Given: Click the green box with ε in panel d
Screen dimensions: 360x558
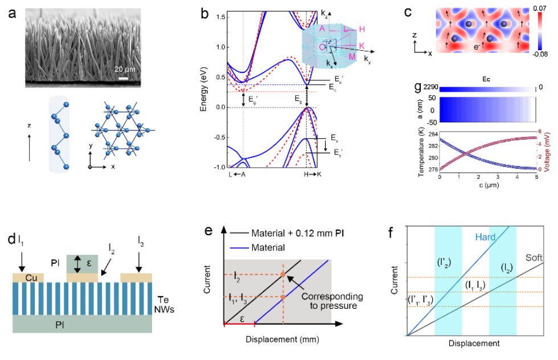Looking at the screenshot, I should [82, 263].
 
